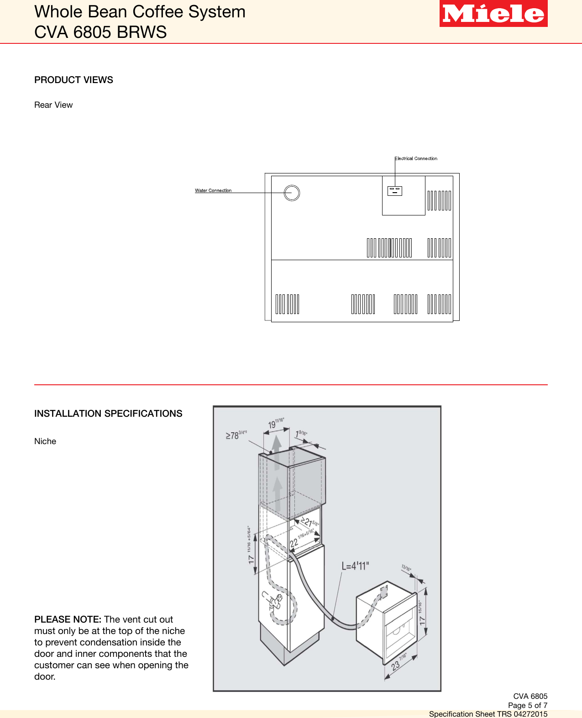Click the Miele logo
[x=493, y=14]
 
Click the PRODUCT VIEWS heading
[x=73, y=80]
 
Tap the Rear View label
[x=53, y=105]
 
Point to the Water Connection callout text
[x=213, y=190]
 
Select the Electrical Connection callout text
[x=416, y=158]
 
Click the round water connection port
[x=292, y=193]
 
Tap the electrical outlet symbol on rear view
[x=395, y=191]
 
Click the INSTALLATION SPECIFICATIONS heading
[x=108, y=414]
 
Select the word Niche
[x=45, y=441]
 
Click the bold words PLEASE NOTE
[x=68, y=619]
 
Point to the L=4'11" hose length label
[x=355, y=566]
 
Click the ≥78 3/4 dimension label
[x=236, y=435]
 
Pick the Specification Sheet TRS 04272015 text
[x=488, y=714]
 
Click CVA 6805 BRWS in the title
[x=100, y=32]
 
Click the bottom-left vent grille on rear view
[x=287, y=304]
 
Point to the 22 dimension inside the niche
[x=294, y=542]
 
